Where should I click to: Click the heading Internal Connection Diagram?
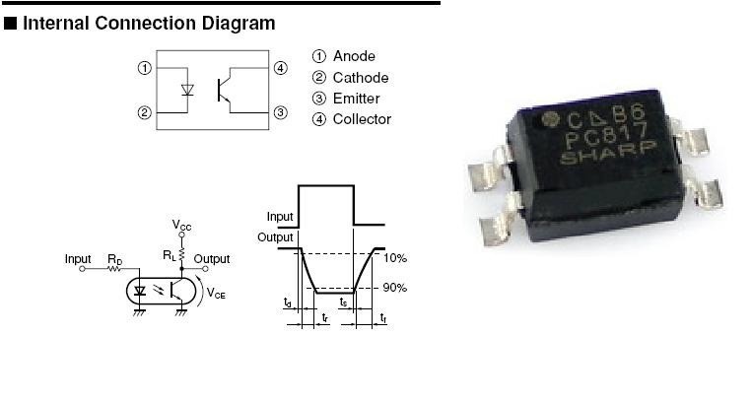coord(148,23)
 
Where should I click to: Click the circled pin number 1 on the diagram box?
coord(144,69)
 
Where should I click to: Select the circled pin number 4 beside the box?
coord(281,69)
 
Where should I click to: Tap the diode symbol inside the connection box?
coord(188,90)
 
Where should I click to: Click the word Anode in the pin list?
coord(354,57)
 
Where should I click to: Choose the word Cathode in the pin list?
coord(361,78)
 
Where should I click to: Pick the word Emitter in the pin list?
coord(356,99)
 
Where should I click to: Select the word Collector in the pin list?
coord(362,119)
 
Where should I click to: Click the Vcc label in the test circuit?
coord(182,226)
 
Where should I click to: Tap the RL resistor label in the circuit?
coord(169,254)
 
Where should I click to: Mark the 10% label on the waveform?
coord(395,258)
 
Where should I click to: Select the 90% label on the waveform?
coord(395,288)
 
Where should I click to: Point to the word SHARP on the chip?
coord(615,157)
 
